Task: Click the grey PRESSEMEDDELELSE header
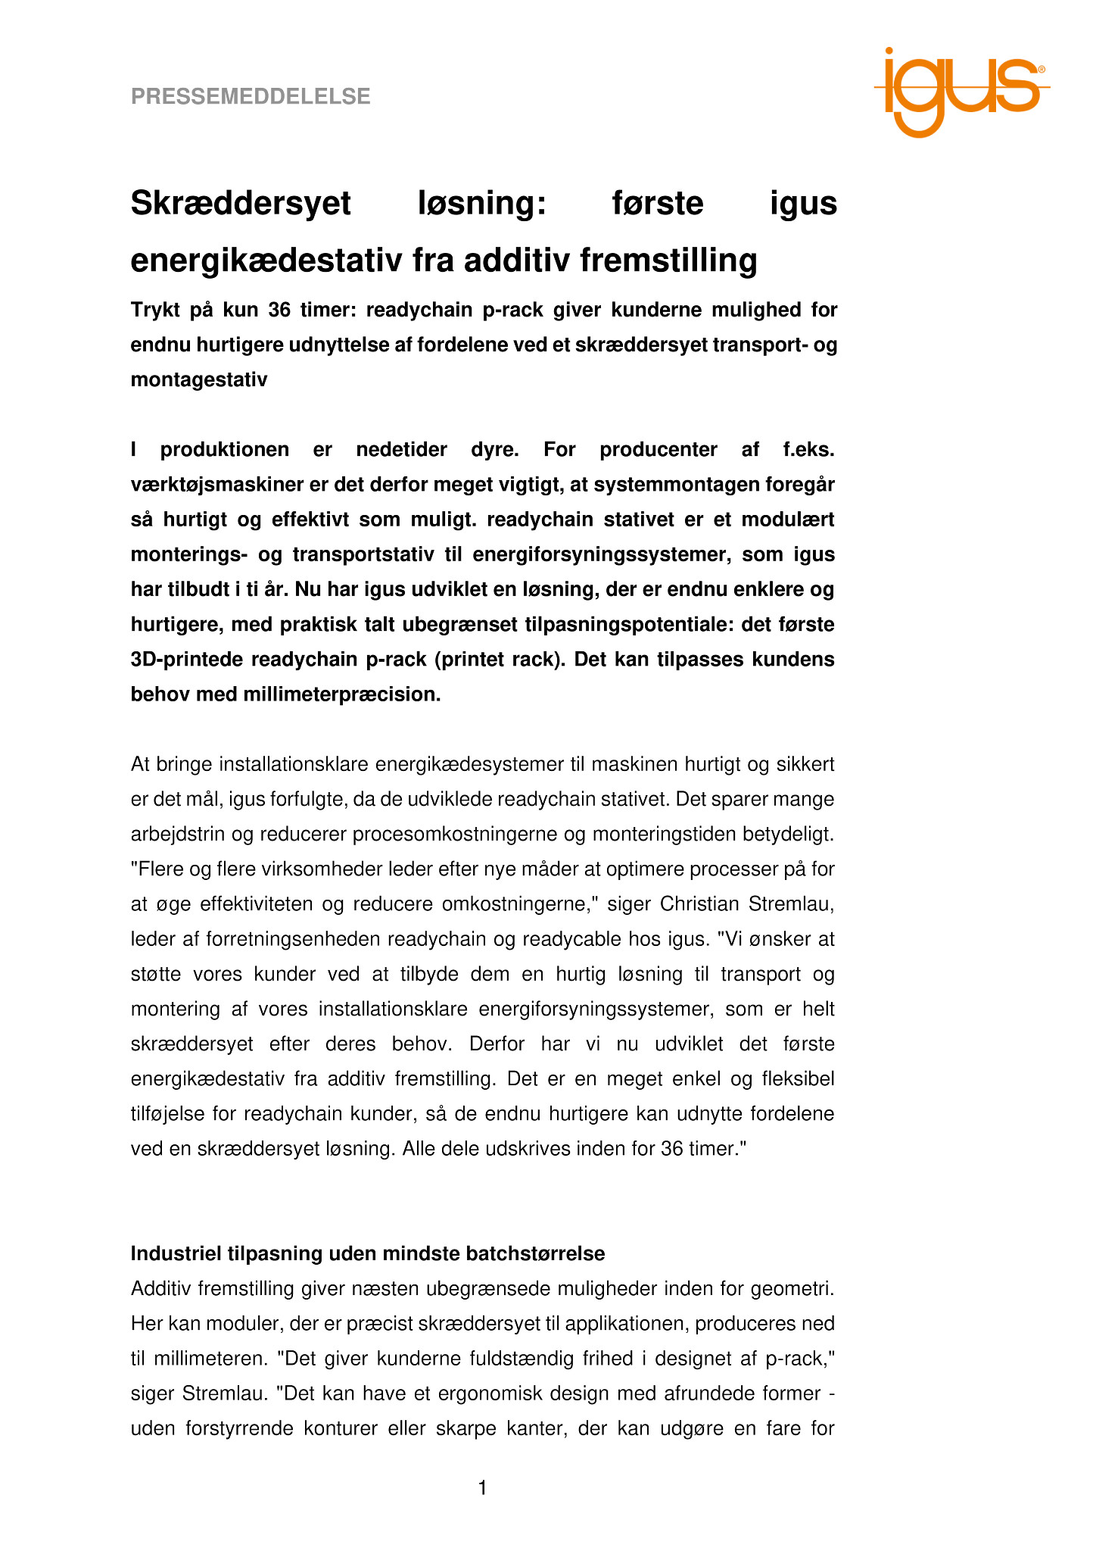pyautogui.click(x=251, y=97)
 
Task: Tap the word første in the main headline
pyautogui.click(x=658, y=204)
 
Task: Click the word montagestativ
pyautogui.click(x=199, y=379)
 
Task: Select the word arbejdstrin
pyautogui.click(x=180, y=835)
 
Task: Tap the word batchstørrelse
pyautogui.click(x=530, y=1253)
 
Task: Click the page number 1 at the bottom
pyautogui.click(x=483, y=1488)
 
